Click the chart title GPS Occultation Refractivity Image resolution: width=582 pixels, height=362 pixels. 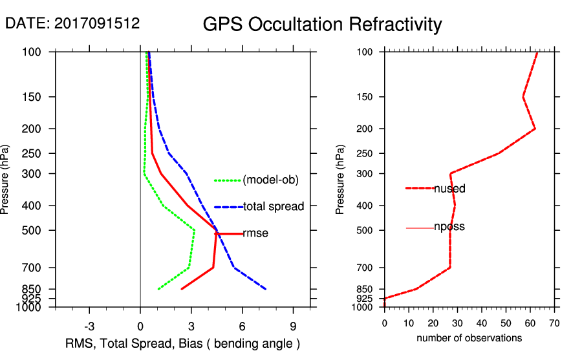pyautogui.click(x=322, y=25)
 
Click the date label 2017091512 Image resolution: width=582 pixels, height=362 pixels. pyautogui.click(x=72, y=23)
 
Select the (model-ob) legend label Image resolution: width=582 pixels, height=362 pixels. pyautogui.click(x=271, y=180)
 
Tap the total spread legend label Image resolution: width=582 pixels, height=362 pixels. pyautogui.click(x=274, y=207)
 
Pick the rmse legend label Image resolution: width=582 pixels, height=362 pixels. pyautogui.click(x=255, y=233)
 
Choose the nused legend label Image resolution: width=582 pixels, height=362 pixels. pyautogui.click(x=449, y=189)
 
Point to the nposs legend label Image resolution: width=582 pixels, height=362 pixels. pyautogui.click(x=449, y=227)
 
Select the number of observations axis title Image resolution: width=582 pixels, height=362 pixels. pyautogui.click(x=469, y=338)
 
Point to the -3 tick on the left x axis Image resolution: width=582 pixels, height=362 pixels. pyautogui.click(x=89, y=326)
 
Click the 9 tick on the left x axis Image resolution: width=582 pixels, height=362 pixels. pyautogui.click(x=293, y=326)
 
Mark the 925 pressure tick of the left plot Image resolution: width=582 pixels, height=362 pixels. pyautogui.click(x=34, y=299)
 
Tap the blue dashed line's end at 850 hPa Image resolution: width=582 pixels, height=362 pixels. pyautogui.click(x=265, y=289)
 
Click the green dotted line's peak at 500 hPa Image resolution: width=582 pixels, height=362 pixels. pyautogui.click(x=195, y=229)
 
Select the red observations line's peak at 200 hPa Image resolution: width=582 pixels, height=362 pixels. pyautogui.click(x=535, y=129)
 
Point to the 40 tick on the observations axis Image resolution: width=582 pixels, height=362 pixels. pyautogui.click(x=481, y=323)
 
